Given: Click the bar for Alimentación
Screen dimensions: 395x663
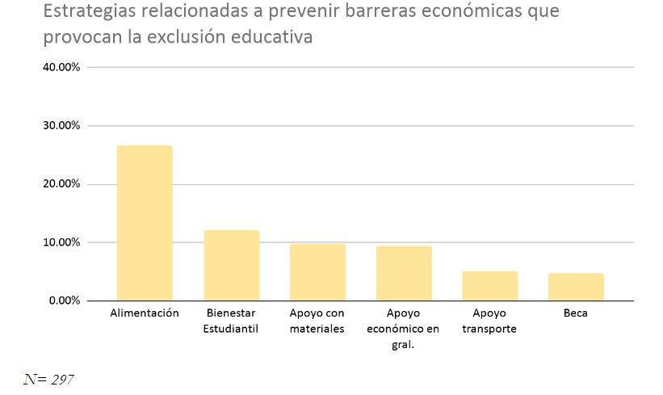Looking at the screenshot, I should click(145, 223).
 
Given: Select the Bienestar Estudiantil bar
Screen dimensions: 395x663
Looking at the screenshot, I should click(231, 266).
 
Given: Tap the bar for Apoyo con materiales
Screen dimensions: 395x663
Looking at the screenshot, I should click(317, 272).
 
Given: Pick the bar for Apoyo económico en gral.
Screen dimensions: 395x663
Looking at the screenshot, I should click(404, 273).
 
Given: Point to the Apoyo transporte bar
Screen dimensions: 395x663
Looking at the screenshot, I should click(490, 286).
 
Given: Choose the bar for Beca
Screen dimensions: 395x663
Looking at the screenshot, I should click(577, 287).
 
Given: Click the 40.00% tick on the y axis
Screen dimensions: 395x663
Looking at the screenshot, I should click(61, 68).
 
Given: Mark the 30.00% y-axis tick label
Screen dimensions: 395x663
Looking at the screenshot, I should click(61, 126).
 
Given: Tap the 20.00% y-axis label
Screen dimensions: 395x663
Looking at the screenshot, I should click(61, 184).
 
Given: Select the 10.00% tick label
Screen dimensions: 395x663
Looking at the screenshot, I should click(61, 242).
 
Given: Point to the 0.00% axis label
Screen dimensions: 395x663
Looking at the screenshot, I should click(65, 300).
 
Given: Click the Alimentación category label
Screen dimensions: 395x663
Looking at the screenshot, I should click(145, 313).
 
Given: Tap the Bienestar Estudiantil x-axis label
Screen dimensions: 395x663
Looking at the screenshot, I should click(231, 321).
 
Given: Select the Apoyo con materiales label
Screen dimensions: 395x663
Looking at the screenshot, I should click(317, 321).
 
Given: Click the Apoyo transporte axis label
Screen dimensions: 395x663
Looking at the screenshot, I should click(490, 321).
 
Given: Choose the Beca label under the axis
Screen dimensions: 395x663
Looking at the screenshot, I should click(577, 313).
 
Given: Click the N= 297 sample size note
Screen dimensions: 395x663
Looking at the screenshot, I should click(48, 377).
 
